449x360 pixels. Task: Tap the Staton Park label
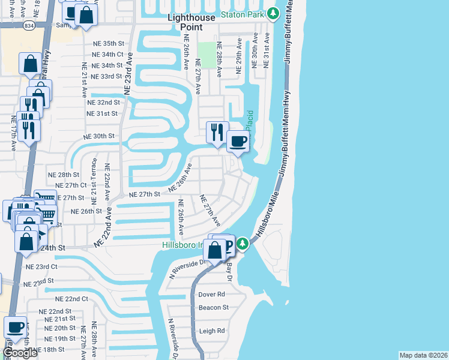coord(243,13)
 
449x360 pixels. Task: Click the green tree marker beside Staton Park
coord(273,13)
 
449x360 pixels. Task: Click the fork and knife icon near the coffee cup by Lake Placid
coord(217,131)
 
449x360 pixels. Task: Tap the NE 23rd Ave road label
coord(127,73)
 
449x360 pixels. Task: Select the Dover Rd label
coord(212,295)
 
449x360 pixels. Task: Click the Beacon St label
coord(214,307)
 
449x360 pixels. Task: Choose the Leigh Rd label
coord(212,331)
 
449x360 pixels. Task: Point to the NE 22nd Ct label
coord(71,299)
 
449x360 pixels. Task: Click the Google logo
coord(20,352)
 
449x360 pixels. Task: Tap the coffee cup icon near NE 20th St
coord(16,328)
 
